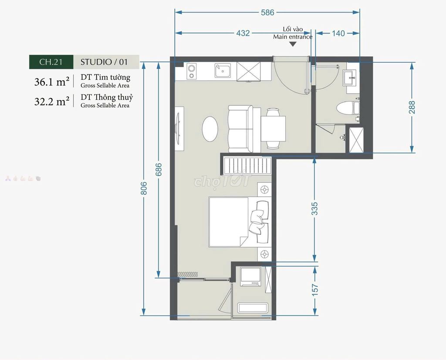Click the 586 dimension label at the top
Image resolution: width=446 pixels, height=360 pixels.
pyautogui.click(x=267, y=12)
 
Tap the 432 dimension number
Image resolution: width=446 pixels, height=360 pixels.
pyautogui.click(x=243, y=33)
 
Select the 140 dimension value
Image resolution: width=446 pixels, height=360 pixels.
pyautogui.click(x=338, y=33)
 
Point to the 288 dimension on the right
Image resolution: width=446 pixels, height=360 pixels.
pyautogui.click(x=412, y=107)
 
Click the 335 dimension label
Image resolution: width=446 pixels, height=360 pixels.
pyautogui.click(x=314, y=209)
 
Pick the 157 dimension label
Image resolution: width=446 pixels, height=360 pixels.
pyautogui.click(x=314, y=290)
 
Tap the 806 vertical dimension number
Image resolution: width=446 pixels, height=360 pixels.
pyautogui.click(x=144, y=188)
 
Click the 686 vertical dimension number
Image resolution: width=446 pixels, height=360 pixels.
pyautogui.click(x=159, y=169)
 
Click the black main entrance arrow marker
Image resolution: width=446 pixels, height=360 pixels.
pyautogui.click(x=293, y=44)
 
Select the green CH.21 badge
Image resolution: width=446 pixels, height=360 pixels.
pyautogui.click(x=51, y=62)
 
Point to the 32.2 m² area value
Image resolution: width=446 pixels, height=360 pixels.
pyautogui.click(x=52, y=101)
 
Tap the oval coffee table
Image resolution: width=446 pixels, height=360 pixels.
pyautogui.click(x=210, y=128)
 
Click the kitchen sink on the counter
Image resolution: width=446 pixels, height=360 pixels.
pyautogui.click(x=223, y=71)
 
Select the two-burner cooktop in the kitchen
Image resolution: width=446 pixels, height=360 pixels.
pyautogui.click(x=192, y=71)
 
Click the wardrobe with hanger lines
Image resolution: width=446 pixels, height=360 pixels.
pyautogui.click(x=247, y=165)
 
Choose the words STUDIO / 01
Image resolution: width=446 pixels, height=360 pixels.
pyautogui.click(x=104, y=62)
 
